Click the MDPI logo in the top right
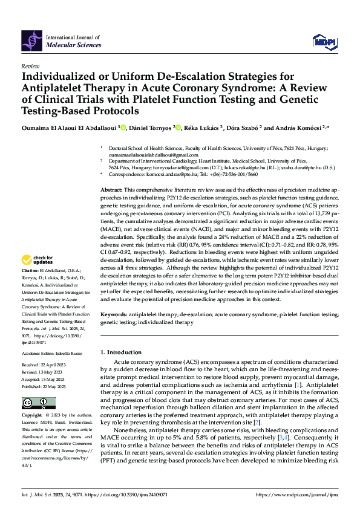click(x=324, y=41)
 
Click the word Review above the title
click(x=30, y=65)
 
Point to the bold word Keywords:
click(x=115, y=315)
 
